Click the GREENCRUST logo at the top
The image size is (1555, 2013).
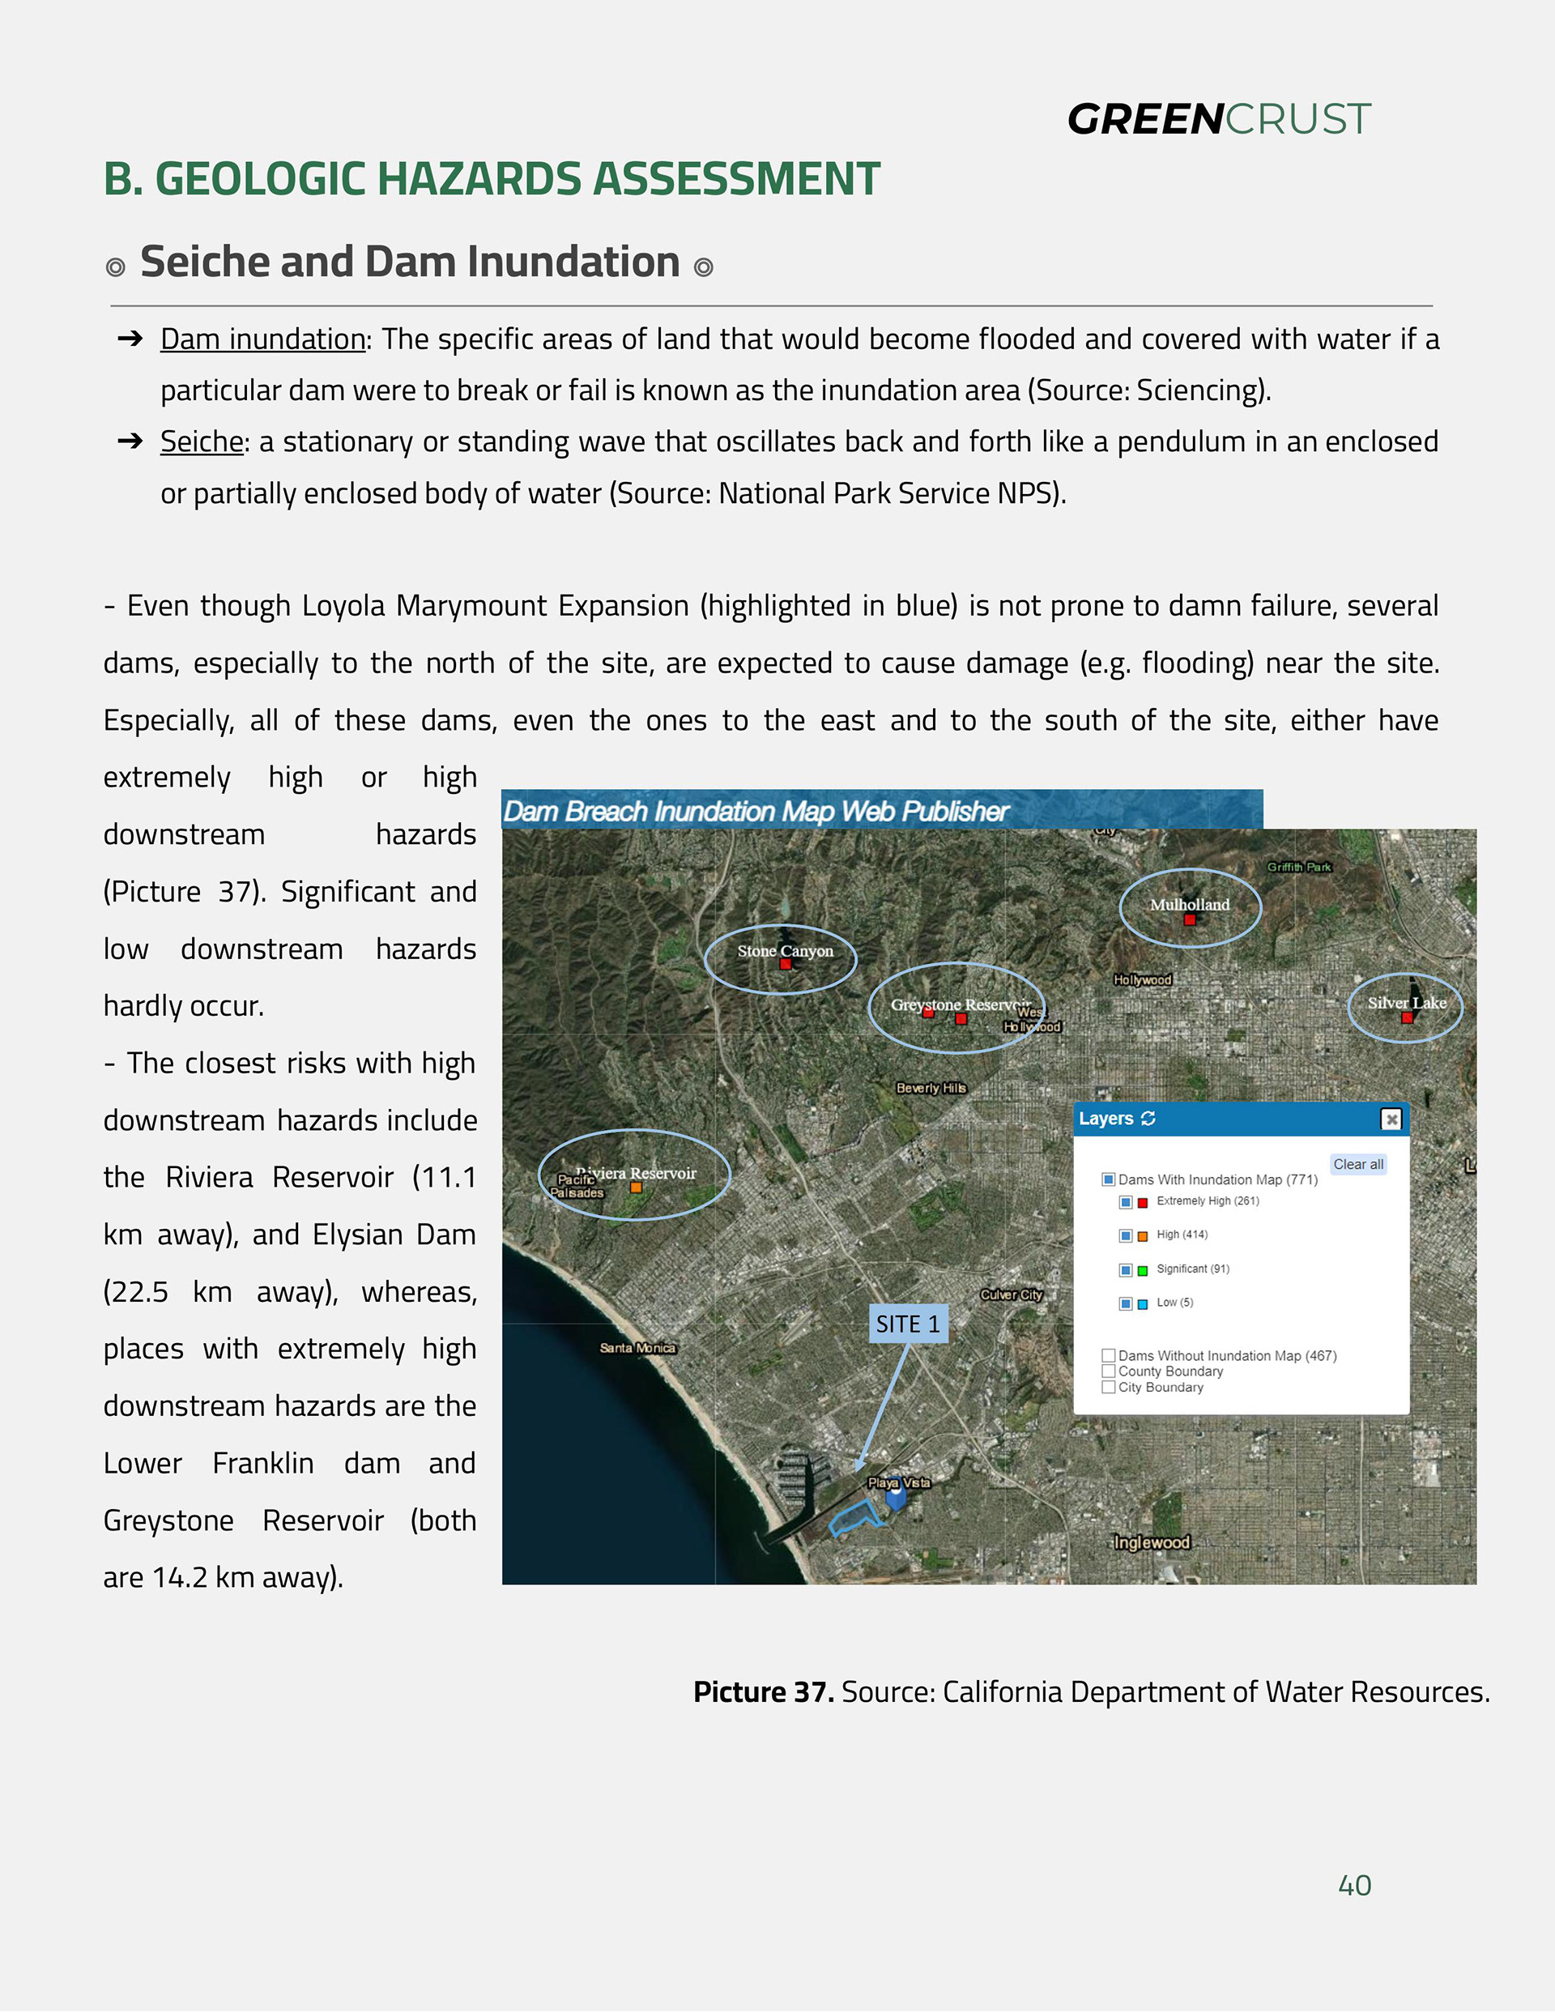pyautogui.click(x=1219, y=119)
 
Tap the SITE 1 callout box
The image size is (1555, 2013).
pyautogui.click(x=908, y=1324)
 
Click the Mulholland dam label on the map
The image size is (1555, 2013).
pyautogui.click(x=1189, y=904)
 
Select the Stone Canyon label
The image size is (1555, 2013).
pyautogui.click(x=785, y=950)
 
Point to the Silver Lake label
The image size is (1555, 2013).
pyautogui.click(x=1407, y=1002)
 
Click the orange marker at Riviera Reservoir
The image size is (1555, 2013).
pyautogui.click(x=636, y=1188)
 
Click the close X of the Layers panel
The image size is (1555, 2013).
pyautogui.click(x=1391, y=1118)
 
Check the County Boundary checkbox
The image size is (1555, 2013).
pyautogui.click(x=1109, y=1371)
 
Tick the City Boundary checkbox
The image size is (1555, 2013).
pyautogui.click(x=1109, y=1386)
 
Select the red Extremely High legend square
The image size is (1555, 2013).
pyautogui.click(x=1143, y=1202)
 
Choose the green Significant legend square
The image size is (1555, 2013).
pyautogui.click(x=1143, y=1270)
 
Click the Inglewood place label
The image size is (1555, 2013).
pyautogui.click(x=1152, y=1542)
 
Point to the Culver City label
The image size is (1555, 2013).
pyautogui.click(x=1012, y=1294)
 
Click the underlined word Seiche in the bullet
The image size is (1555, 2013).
pyautogui.click(x=201, y=441)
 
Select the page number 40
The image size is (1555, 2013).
pyautogui.click(x=1354, y=1885)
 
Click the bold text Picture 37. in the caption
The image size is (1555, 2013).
pyautogui.click(x=763, y=1691)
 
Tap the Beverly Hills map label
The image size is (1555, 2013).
pyautogui.click(x=931, y=1088)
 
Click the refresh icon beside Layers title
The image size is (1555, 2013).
pyautogui.click(x=1148, y=1118)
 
